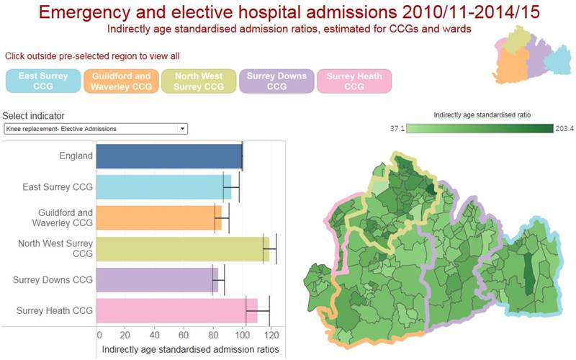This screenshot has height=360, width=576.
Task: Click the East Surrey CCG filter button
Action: pyautogui.click(x=43, y=81)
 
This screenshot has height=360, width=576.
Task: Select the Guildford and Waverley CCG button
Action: pyautogui.click(x=121, y=81)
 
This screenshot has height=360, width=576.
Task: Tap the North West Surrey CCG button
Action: pyautogui.click(x=199, y=81)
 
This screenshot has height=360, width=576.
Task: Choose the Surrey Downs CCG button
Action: pyautogui.click(x=276, y=81)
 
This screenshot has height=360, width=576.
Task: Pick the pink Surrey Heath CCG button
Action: pyautogui.click(x=354, y=81)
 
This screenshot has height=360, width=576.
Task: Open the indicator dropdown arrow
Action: pyautogui.click(x=183, y=129)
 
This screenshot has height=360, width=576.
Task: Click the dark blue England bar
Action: pyautogui.click(x=169, y=156)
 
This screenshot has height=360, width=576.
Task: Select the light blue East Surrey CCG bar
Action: pyautogui.click(x=163, y=187)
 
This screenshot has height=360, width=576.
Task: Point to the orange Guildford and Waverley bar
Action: pyautogui.click(x=158, y=218)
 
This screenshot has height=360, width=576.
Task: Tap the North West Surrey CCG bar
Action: pyautogui.click(x=183, y=249)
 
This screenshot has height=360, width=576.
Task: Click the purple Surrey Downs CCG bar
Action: pyautogui.click(x=157, y=280)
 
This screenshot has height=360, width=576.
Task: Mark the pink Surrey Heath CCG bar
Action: pyautogui.click(x=176, y=311)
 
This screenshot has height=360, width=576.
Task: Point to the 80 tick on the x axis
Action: pyautogui.click(x=213, y=335)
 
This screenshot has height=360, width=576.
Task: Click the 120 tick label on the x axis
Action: pyautogui.click(x=271, y=335)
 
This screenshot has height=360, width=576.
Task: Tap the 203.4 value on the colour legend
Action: pyautogui.click(x=564, y=129)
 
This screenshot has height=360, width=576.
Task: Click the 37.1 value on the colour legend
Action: pyautogui.click(x=397, y=129)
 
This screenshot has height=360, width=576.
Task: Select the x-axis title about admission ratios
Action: pyautogui.click(x=190, y=349)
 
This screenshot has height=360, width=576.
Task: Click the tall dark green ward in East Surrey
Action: pyautogui.click(x=528, y=274)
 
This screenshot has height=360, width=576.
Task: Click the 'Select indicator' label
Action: pyautogui.click(x=33, y=116)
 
